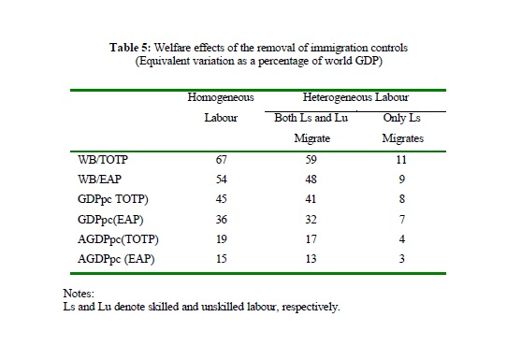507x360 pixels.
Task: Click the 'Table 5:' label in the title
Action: point(130,48)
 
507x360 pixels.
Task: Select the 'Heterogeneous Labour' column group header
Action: point(355,97)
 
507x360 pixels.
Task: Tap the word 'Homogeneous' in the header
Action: point(221,97)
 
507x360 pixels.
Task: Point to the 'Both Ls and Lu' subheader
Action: point(311,118)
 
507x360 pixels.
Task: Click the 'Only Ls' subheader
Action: point(401,118)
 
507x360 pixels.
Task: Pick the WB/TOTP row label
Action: point(103,160)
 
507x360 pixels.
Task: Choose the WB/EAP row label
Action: point(99,179)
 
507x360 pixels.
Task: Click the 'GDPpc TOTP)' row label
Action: point(113,199)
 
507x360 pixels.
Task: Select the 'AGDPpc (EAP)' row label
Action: point(116,259)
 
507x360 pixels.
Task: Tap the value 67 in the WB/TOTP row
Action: point(221,160)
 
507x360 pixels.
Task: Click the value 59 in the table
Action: point(311,160)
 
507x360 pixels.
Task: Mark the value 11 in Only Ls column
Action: point(401,160)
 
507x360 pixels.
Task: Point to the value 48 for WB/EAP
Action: point(311,179)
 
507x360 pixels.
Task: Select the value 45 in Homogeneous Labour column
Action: point(221,199)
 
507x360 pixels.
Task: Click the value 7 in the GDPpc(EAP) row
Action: point(402,220)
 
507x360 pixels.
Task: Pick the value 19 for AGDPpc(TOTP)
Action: point(221,239)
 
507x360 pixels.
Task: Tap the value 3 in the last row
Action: point(402,259)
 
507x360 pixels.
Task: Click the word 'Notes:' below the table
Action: point(79,294)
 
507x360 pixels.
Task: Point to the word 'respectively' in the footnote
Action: point(311,307)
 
